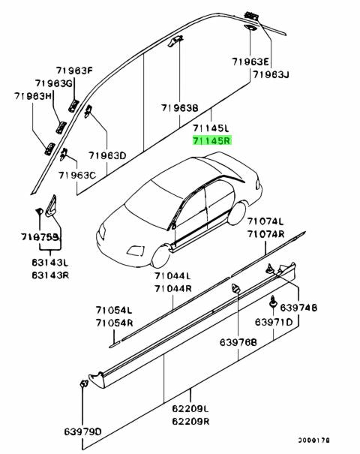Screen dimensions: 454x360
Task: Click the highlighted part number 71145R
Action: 212,140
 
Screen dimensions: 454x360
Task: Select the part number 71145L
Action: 212,128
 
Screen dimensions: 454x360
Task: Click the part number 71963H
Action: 33,96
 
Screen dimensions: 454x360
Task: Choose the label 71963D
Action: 107,155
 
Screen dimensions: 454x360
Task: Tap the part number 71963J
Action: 271,74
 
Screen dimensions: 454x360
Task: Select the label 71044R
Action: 173,288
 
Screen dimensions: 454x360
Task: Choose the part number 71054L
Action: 113,311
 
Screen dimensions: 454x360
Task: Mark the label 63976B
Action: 238,342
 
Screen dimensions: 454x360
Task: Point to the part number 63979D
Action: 81,431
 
